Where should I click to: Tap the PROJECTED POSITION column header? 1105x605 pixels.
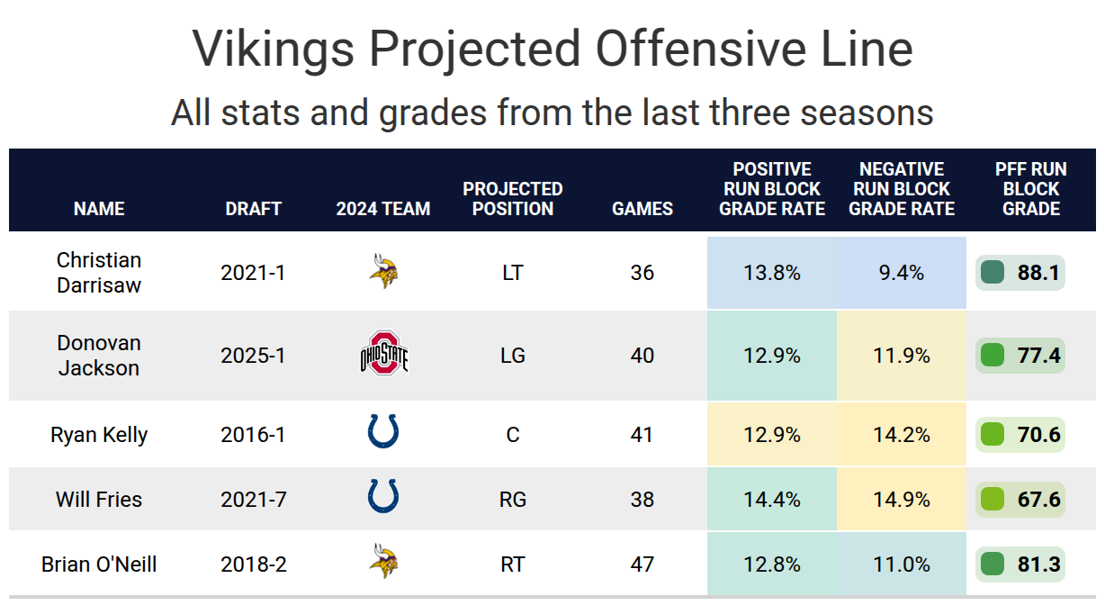coord(512,199)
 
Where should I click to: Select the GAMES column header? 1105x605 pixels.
coord(642,209)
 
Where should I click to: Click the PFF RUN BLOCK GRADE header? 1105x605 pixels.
coord(1031,189)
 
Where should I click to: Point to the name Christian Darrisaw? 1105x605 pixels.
coord(99,272)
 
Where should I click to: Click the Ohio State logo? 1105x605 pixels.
coord(383,354)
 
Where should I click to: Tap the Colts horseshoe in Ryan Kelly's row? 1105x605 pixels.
coord(383,431)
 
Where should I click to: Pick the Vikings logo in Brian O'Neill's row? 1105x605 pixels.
coord(383,564)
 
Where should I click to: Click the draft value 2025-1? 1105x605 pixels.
coord(253,356)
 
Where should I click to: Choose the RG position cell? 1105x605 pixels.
coord(512,499)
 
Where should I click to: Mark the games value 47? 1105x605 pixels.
coord(642,564)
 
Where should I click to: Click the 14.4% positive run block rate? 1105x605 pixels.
coord(772,499)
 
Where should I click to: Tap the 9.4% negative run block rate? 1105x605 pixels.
coord(902,272)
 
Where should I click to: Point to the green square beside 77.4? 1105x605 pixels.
coord(993,355)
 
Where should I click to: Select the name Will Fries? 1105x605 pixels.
coord(99,499)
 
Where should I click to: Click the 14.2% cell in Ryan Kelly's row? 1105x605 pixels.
coord(902,435)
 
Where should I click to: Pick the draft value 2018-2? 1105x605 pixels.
coord(253,564)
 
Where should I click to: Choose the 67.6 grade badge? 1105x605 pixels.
coord(1020,499)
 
